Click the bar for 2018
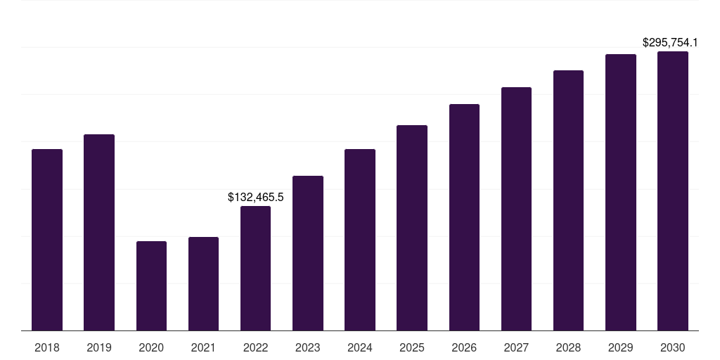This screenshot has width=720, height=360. click(x=47, y=240)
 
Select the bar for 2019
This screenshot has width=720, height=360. click(x=99, y=232)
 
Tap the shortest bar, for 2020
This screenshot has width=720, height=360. click(x=151, y=285)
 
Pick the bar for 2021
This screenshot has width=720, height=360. click(x=203, y=283)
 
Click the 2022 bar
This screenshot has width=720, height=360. click(x=255, y=268)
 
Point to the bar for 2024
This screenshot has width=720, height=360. click(x=360, y=240)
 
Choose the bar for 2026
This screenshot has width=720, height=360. click(x=464, y=217)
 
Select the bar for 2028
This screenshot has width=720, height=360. click(x=568, y=200)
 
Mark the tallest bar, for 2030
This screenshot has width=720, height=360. click(x=673, y=191)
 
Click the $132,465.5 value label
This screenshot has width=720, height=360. click(x=255, y=198)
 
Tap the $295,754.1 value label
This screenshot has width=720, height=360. click(x=675, y=43)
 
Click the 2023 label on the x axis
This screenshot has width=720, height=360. click(x=307, y=347)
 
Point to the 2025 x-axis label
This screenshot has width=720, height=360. click(x=412, y=347)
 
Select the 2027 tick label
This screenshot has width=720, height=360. click(x=516, y=347)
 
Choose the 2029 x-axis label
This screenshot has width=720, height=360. click(x=620, y=347)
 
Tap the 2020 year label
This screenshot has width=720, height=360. click(x=151, y=347)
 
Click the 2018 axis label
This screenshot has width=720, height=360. click(x=47, y=347)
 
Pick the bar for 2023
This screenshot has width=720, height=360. click(x=308, y=253)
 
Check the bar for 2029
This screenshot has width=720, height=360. click(x=621, y=192)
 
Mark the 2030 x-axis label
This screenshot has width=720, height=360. click(x=673, y=347)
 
